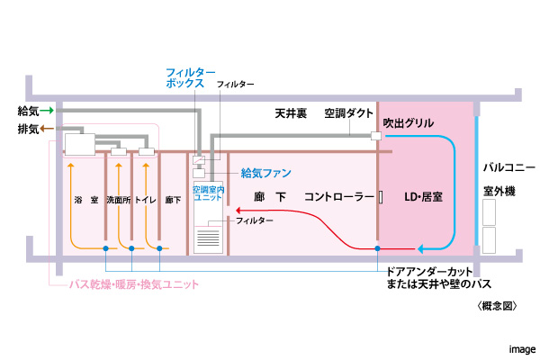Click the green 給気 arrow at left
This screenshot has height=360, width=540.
(47, 110)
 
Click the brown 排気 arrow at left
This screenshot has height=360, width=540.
(47, 130)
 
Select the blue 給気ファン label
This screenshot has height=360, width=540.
(265, 172)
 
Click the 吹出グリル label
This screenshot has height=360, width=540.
(408, 122)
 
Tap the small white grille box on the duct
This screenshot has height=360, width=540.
(376, 137)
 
